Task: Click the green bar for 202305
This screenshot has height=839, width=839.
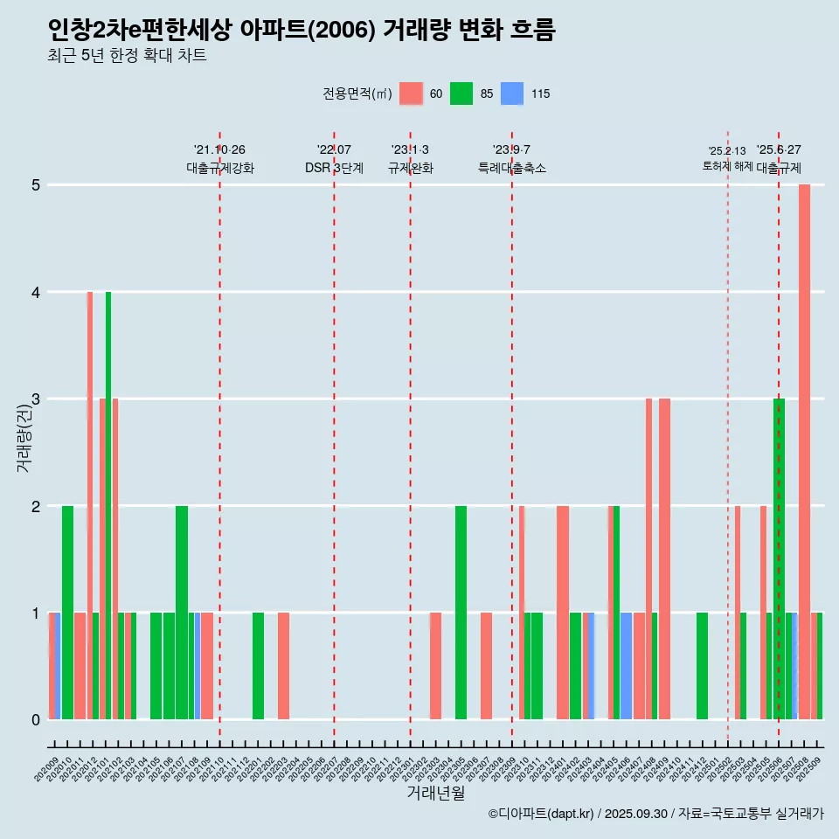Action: pyautogui.click(x=461, y=612)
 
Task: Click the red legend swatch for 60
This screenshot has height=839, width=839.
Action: pyautogui.click(x=411, y=94)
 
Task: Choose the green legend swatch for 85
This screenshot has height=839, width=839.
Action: pyautogui.click(x=461, y=94)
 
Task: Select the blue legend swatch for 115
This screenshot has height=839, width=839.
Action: pyautogui.click(x=512, y=94)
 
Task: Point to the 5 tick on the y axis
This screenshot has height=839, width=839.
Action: pyautogui.click(x=36, y=185)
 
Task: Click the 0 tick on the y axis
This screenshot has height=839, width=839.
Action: pyautogui.click(x=36, y=720)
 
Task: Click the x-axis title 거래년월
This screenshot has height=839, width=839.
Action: pyautogui.click(x=435, y=793)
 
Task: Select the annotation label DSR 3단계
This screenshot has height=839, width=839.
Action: pyautogui.click(x=334, y=168)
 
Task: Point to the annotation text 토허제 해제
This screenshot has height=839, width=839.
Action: pyautogui.click(x=727, y=166)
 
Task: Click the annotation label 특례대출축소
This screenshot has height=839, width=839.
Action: pyautogui.click(x=512, y=168)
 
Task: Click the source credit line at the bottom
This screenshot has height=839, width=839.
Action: pyautogui.click(x=655, y=814)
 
